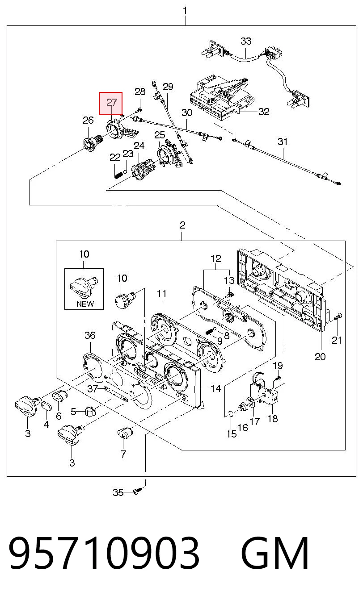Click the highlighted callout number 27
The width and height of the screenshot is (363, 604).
tap(112, 103)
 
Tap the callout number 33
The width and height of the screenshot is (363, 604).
tap(246, 41)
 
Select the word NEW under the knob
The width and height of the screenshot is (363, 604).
tap(85, 304)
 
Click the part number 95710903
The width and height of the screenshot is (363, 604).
tap(104, 553)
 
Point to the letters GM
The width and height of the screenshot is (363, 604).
tap(275, 553)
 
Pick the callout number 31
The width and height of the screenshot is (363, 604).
tap(283, 142)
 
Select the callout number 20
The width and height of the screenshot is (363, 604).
tap(320, 357)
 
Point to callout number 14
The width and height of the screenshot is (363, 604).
tap(215, 388)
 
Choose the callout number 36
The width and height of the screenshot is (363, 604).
tap(90, 335)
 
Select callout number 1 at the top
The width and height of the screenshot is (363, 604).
tap(185, 11)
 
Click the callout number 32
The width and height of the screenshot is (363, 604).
tap(264, 112)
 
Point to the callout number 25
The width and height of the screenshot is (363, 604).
tap(159, 135)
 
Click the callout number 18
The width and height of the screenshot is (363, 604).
tap(273, 418)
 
